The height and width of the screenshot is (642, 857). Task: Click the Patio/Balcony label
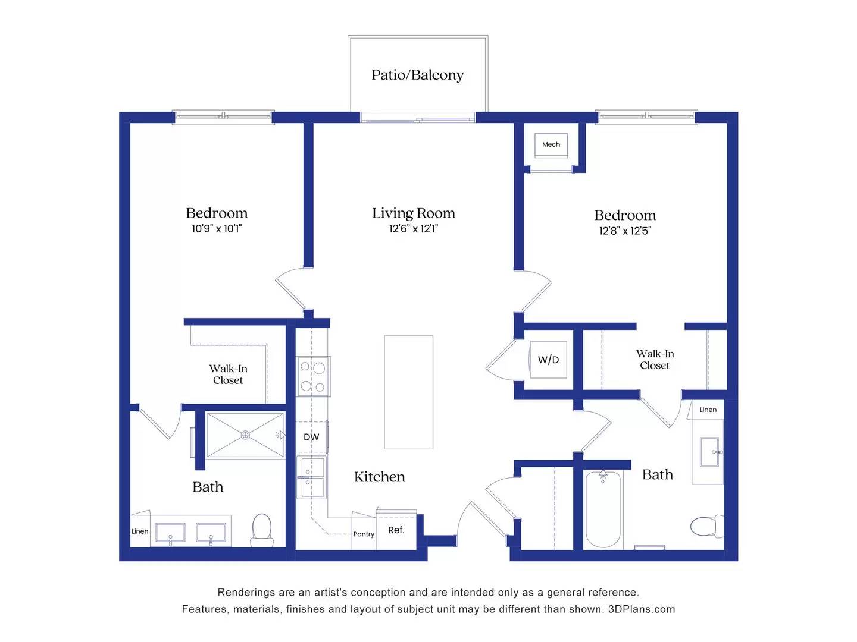pyautogui.click(x=417, y=75)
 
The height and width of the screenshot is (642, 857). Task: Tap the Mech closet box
pyautogui.click(x=551, y=144)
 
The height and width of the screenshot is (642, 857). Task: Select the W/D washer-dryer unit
pyautogui.click(x=548, y=360)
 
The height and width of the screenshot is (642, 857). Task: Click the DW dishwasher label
pyautogui.click(x=311, y=437)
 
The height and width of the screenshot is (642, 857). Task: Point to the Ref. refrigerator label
pyautogui.click(x=396, y=530)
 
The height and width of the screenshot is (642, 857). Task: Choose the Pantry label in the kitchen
pyautogui.click(x=364, y=534)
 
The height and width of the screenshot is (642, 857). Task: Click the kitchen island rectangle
pyautogui.click(x=408, y=392)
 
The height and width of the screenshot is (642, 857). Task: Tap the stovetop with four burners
pyautogui.click(x=313, y=376)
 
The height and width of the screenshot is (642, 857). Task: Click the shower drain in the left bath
pyautogui.click(x=245, y=435)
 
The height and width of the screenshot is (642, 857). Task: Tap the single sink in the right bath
pyautogui.click(x=710, y=452)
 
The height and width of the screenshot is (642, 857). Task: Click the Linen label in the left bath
pyautogui.click(x=140, y=531)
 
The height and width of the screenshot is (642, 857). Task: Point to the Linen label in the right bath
pyautogui.click(x=708, y=410)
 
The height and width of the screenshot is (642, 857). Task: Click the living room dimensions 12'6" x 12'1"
pyautogui.click(x=414, y=229)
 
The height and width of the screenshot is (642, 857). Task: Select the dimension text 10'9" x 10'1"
pyautogui.click(x=217, y=229)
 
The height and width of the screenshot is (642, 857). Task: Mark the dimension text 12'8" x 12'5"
pyautogui.click(x=625, y=231)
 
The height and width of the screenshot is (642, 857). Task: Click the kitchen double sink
pyautogui.click(x=312, y=477)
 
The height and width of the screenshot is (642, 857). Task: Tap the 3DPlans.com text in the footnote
pyautogui.click(x=642, y=609)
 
